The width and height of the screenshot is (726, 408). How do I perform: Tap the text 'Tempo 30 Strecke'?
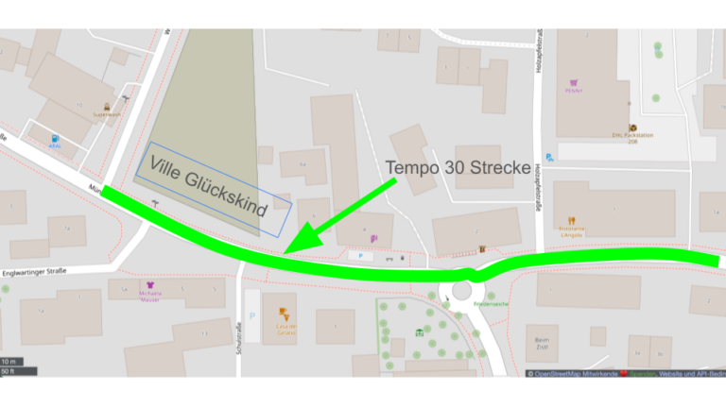(458, 167)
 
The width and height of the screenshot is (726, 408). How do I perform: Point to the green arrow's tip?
(286, 252)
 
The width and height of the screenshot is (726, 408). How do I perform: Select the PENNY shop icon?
(570, 82)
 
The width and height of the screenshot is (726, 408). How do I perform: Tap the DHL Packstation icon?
(631, 127)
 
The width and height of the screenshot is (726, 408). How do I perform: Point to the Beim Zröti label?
(542, 343)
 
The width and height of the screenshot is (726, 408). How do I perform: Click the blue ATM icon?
(54, 140)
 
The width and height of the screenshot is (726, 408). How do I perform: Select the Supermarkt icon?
(107, 106)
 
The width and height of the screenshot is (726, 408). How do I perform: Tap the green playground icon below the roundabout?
(419, 331)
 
